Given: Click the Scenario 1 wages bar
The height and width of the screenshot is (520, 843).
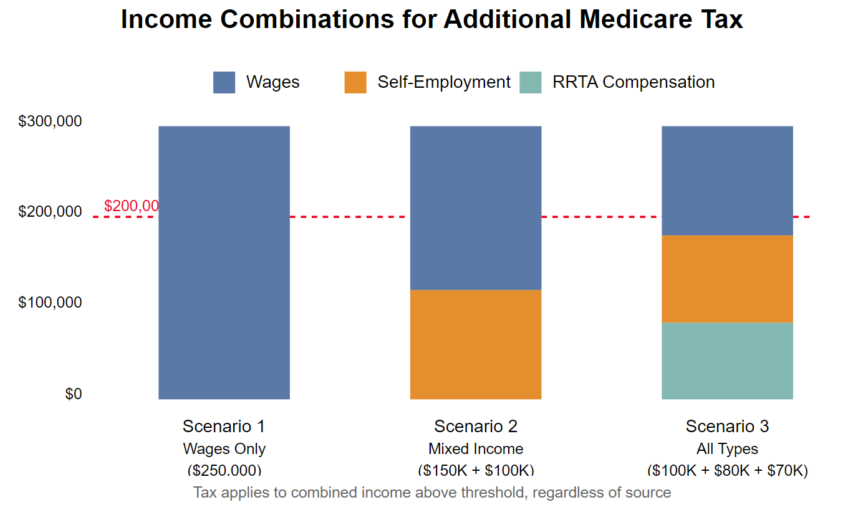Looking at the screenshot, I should pyautogui.click(x=224, y=262).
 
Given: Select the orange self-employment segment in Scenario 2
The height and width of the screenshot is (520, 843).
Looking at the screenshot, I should pyautogui.click(x=475, y=344).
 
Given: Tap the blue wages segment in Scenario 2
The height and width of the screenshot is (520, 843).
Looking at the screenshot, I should pyautogui.click(x=475, y=207).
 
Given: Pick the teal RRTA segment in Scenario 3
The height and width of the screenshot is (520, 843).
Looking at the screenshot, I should pyautogui.click(x=727, y=361).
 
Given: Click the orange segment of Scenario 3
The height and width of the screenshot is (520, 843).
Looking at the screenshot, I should pyautogui.click(x=727, y=278).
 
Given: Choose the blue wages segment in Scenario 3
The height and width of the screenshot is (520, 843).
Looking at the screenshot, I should pyautogui.click(x=727, y=181).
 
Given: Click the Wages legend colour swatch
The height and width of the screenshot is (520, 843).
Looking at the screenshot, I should pyautogui.click(x=224, y=82).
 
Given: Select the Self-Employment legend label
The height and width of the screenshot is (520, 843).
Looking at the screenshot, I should pyautogui.click(x=443, y=82).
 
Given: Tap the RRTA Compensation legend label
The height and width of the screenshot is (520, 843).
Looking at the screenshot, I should pyautogui.click(x=633, y=82).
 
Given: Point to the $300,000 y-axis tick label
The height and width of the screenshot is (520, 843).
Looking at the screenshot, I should pyautogui.click(x=50, y=121).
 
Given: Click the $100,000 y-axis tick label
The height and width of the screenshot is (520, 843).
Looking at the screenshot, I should pyautogui.click(x=50, y=303).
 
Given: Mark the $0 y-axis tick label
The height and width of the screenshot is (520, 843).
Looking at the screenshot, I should pyautogui.click(x=73, y=394).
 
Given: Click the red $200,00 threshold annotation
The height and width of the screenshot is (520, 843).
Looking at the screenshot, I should pyautogui.click(x=131, y=206).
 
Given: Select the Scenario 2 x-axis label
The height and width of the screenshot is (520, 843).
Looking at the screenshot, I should pyautogui.click(x=475, y=427).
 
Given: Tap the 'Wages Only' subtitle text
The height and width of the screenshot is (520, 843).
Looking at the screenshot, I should pyautogui.click(x=224, y=449).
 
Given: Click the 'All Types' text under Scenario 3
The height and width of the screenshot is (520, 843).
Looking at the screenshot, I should pyautogui.click(x=727, y=449).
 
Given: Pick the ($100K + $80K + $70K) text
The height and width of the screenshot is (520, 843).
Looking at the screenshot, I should pyautogui.click(x=727, y=470).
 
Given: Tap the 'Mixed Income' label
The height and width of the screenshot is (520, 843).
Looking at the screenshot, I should pyautogui.click(x=475, y=449).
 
